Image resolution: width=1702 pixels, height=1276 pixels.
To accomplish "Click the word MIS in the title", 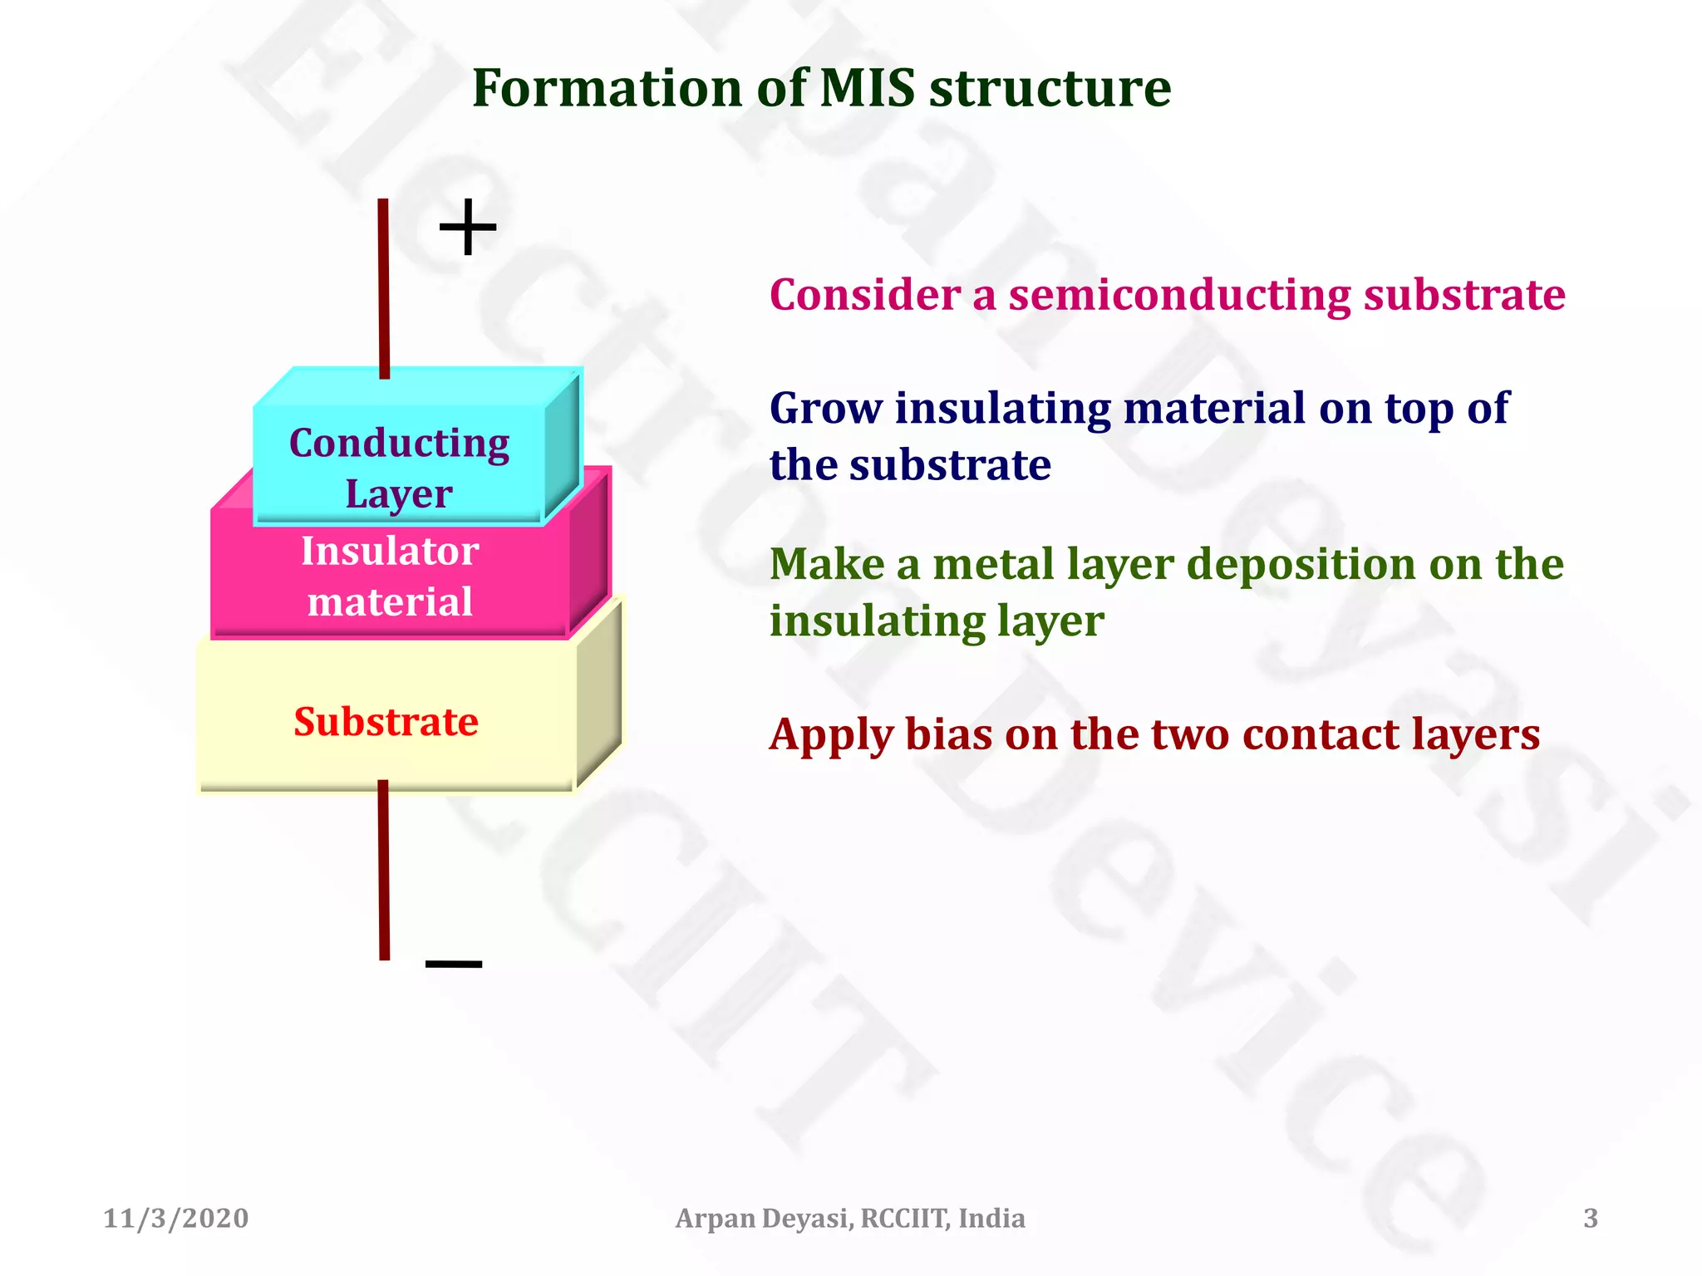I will pos(868,88).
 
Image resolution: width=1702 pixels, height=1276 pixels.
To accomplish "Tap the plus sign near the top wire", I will pos(468,226).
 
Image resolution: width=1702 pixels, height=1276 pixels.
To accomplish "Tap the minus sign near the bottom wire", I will pos(454,964).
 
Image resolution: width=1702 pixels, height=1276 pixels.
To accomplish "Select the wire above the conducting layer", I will pos(383,287).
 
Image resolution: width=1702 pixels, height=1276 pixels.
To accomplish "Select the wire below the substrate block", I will pos(383,869).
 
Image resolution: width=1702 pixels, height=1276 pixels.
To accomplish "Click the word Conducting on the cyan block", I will pos(399,443).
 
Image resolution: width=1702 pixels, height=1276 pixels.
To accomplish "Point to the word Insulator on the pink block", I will pos(390,551).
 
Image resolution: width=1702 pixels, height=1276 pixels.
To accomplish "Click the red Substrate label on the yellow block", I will pos(386,721).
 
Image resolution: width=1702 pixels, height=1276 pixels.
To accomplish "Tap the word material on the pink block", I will pos(390,601).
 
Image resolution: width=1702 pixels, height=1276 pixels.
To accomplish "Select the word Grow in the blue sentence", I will pos(825,408).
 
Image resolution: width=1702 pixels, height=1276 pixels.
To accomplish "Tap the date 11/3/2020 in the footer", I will pos(175,1218).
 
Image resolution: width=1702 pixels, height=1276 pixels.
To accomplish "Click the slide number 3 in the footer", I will pos(1590,1218).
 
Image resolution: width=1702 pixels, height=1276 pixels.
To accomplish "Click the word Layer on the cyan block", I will pos(399,493).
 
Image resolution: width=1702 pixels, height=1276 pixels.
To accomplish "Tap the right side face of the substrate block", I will pos(599,694).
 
